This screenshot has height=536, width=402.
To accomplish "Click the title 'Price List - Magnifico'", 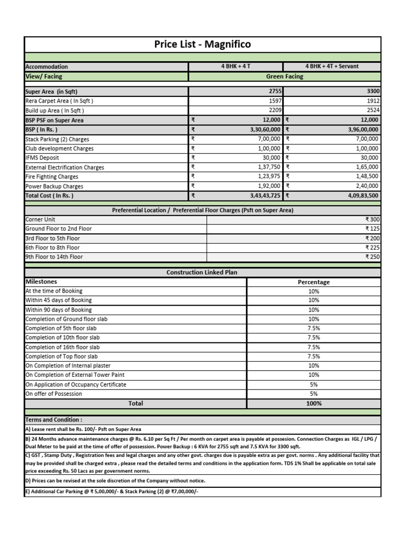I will coord(203,44).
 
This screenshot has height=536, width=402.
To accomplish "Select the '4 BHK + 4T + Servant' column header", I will coord(332,66).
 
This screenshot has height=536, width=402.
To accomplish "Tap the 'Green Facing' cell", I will coord(284,76).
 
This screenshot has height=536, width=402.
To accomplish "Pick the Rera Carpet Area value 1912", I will coord(372,100).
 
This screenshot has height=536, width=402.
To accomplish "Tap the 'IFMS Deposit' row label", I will coord(42,158).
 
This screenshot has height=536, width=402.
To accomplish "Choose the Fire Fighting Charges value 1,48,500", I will coord(367,177).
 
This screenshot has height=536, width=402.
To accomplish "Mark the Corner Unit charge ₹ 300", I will coord(372,220).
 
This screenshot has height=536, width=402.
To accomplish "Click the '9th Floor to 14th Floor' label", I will coord(54,257).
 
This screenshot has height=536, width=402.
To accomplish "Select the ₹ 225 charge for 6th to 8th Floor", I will coord(372,248).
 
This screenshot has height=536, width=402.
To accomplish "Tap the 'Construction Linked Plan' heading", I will coord(202,273).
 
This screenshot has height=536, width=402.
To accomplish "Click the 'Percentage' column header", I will coord(314,282).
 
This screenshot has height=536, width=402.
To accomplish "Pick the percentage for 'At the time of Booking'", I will coord(314,291).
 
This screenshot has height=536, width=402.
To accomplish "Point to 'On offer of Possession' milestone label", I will coord(54,394).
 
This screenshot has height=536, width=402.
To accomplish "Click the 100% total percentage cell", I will coord(314,404).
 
